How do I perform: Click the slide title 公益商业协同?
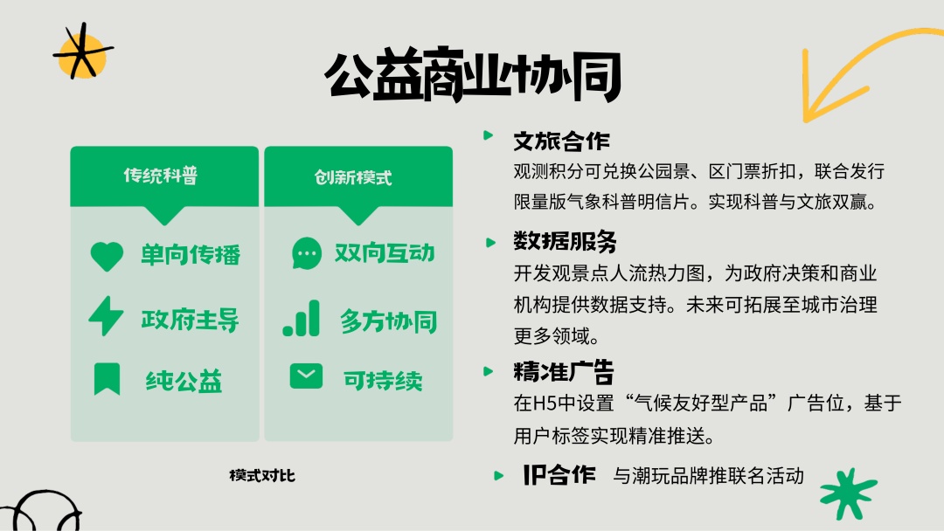pos(473,75)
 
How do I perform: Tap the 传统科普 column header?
pos(161,176)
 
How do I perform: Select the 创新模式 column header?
pos(353,177)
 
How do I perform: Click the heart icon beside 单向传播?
pos(107,256)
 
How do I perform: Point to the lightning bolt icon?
pos(106,315)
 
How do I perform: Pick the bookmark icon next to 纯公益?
pos(108,379)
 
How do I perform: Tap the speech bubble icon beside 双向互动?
pos(307,253)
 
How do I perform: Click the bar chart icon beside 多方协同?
pos(301,318)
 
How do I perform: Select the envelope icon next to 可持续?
pos(306,376)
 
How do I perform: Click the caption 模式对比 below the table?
pos(262,476)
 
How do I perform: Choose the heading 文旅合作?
pos(562,141)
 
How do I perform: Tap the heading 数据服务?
pos(565,241)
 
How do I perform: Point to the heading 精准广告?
pos(564,372)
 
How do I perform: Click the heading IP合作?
pos(559,475)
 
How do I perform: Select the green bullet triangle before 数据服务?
pos(490,242)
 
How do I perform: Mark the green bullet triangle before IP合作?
pos(498,476)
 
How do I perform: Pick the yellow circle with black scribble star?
pos(82,53)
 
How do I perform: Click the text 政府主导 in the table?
pos(191,320)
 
